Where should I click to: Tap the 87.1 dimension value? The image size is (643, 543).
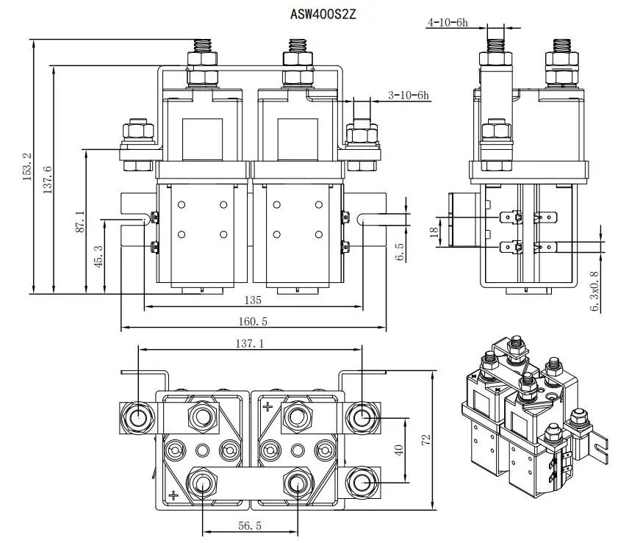(80, 222)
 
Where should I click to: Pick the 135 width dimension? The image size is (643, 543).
(254, 300)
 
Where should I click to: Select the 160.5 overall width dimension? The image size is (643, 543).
(254, 321)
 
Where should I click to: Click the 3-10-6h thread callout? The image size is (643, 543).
(409, 95)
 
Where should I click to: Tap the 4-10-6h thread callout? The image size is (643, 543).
(447, 23)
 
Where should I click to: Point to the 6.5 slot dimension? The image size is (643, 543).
(400, 252)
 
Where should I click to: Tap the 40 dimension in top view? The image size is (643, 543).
(400, 450)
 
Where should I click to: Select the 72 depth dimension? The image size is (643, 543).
(425, 439)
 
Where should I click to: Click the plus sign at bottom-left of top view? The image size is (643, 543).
(173, 495)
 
